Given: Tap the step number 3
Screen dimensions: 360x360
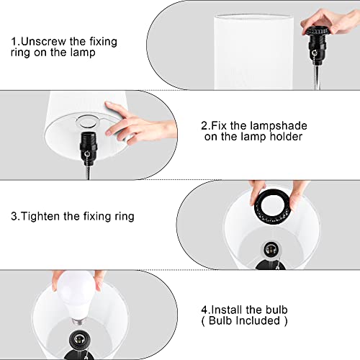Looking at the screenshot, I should pos(14,216).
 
